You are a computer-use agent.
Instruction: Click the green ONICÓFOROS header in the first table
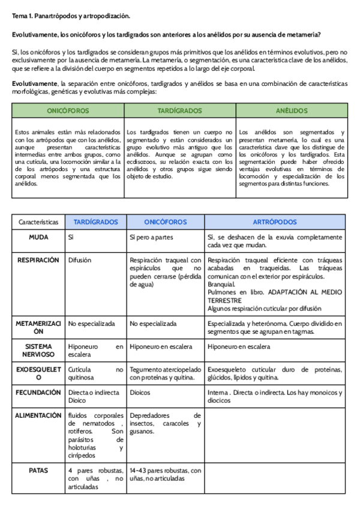(68, 111)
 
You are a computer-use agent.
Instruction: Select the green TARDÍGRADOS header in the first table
(179, 111)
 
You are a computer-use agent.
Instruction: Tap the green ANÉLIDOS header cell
(291, 111)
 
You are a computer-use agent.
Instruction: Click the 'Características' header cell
(38, 221)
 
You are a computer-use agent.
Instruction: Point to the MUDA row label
(38, 237)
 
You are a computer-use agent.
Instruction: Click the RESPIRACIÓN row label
(38, 260)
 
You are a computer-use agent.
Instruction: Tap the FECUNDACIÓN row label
(38, 392)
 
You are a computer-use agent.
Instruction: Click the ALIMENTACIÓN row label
(38, 415)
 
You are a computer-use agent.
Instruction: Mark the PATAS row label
(38, 471)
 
